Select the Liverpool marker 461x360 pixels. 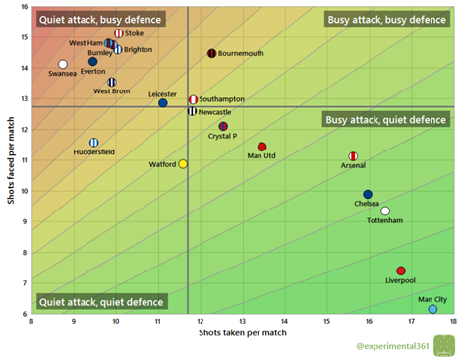click(x=401, y=270)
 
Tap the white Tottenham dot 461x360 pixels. click(x=385, y=210)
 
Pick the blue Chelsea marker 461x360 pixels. click(x=368, y=194)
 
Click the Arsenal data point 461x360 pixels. click(x=353, y=156)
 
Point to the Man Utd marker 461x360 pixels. click(x=261, y=147)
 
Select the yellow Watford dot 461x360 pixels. click(x=183, y=163)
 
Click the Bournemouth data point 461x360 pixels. click(x=212, y=53)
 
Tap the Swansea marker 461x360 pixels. click(x=63, y=64)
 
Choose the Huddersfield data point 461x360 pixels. click(x=94, y=142)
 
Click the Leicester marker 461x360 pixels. click(x=163, y=103)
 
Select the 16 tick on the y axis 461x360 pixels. click(x=24, y=7)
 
